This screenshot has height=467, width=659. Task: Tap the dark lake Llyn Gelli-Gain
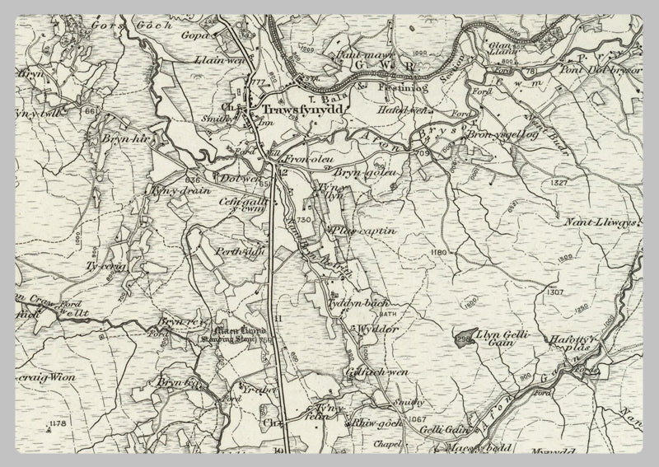(x=465, y=338)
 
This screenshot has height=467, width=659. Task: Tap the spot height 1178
(x=56, y=423)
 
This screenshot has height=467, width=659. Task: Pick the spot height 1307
(x=554, y=292)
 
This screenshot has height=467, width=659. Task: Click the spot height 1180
(x=437, y=251)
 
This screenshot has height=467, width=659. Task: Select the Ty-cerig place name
(x=105, y=265)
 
